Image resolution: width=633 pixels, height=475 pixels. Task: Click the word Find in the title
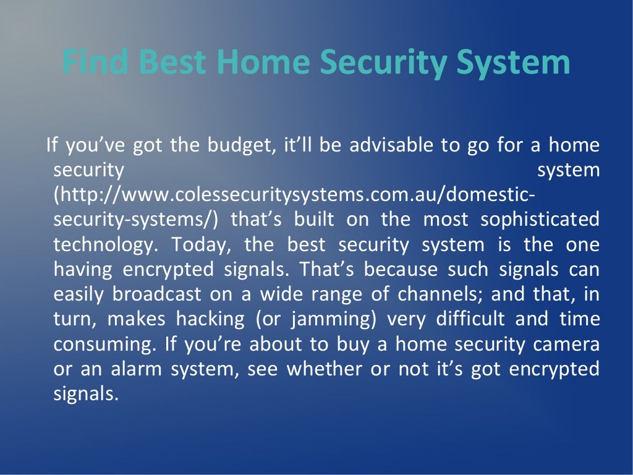click(96, 63)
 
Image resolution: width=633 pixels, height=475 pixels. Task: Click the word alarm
click(146, 369)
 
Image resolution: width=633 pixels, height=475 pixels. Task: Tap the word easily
click(78, 295)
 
